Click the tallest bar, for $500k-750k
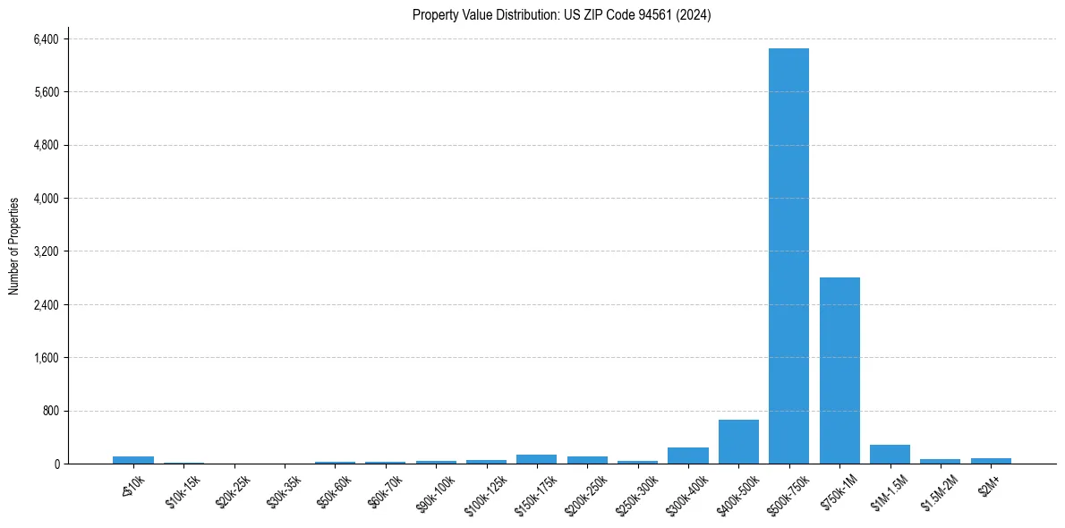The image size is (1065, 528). coord(788,256)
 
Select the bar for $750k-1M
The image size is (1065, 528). coord(839,370)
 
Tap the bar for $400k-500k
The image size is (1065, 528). coord(738,442)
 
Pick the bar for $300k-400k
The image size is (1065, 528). coord(688,456)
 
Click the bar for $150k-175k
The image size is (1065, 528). coord(536,459)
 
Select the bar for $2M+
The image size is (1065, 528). coord(991,461)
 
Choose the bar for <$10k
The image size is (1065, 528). coord(133,460)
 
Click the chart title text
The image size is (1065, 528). coord(562,15)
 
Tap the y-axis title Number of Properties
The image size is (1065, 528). coord(14,246)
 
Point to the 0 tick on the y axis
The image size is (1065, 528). coord(55,464)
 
